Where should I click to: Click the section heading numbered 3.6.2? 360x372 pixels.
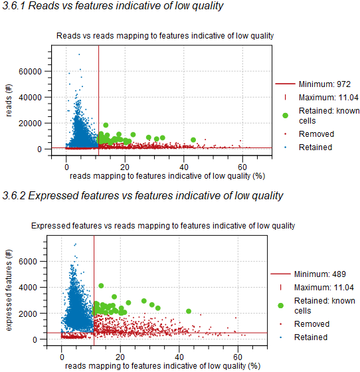[x=143, y=195]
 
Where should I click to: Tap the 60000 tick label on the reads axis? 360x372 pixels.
[x=32, y=71]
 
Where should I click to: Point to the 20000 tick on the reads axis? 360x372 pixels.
[x=32, y=123]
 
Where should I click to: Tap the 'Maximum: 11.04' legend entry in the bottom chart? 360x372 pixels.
[x=309, y=287]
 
